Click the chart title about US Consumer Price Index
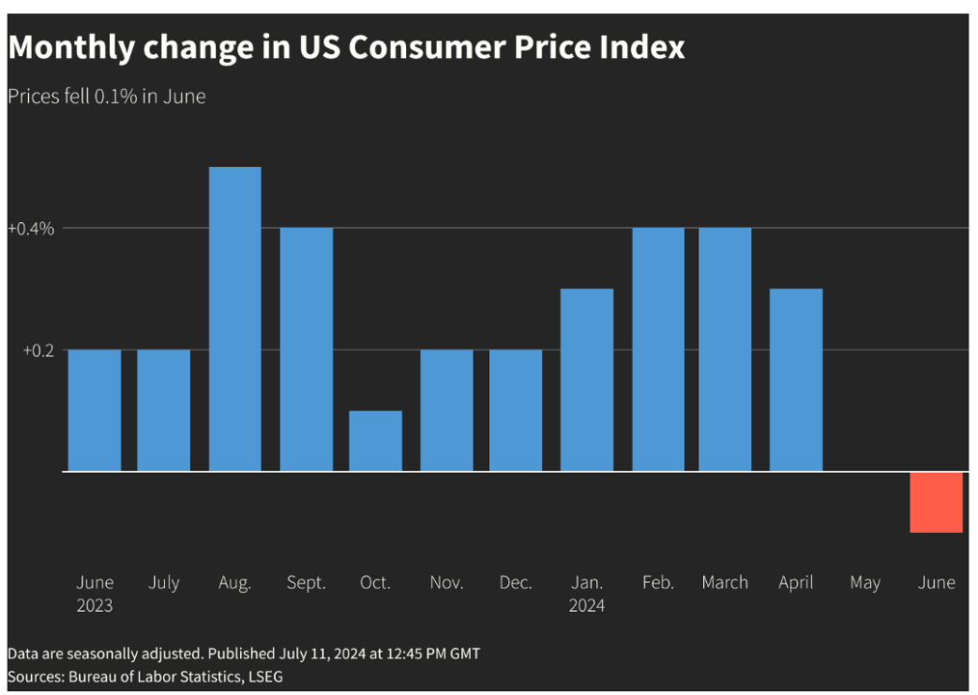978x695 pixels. click(346, 47)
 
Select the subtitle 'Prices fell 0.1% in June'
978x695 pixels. click(106, 97)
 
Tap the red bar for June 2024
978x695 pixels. click(936, 502)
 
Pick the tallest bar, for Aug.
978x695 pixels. click(234, 319)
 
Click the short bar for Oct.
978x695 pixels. click(375, 441)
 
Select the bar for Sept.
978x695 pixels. click(306, 349)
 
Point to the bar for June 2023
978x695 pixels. click(95, 410)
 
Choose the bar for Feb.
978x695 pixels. click(658, 349)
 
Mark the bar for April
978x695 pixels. click(796, 380)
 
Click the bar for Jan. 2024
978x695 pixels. click(586, 380)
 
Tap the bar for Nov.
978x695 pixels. click(447, 410)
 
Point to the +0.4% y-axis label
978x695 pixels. click(31, 229)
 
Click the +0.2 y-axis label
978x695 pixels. click(39, 350)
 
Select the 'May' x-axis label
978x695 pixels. click(865, 583)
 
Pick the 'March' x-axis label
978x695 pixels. click(724, 583)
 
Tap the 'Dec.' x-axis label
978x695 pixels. click(516, 583)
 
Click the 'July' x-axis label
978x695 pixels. click(164, 583)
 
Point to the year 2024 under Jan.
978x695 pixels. click(586, 606)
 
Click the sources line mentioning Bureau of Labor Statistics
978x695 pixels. click(146, 677)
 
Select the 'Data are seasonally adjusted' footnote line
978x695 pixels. click(243, 653)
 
